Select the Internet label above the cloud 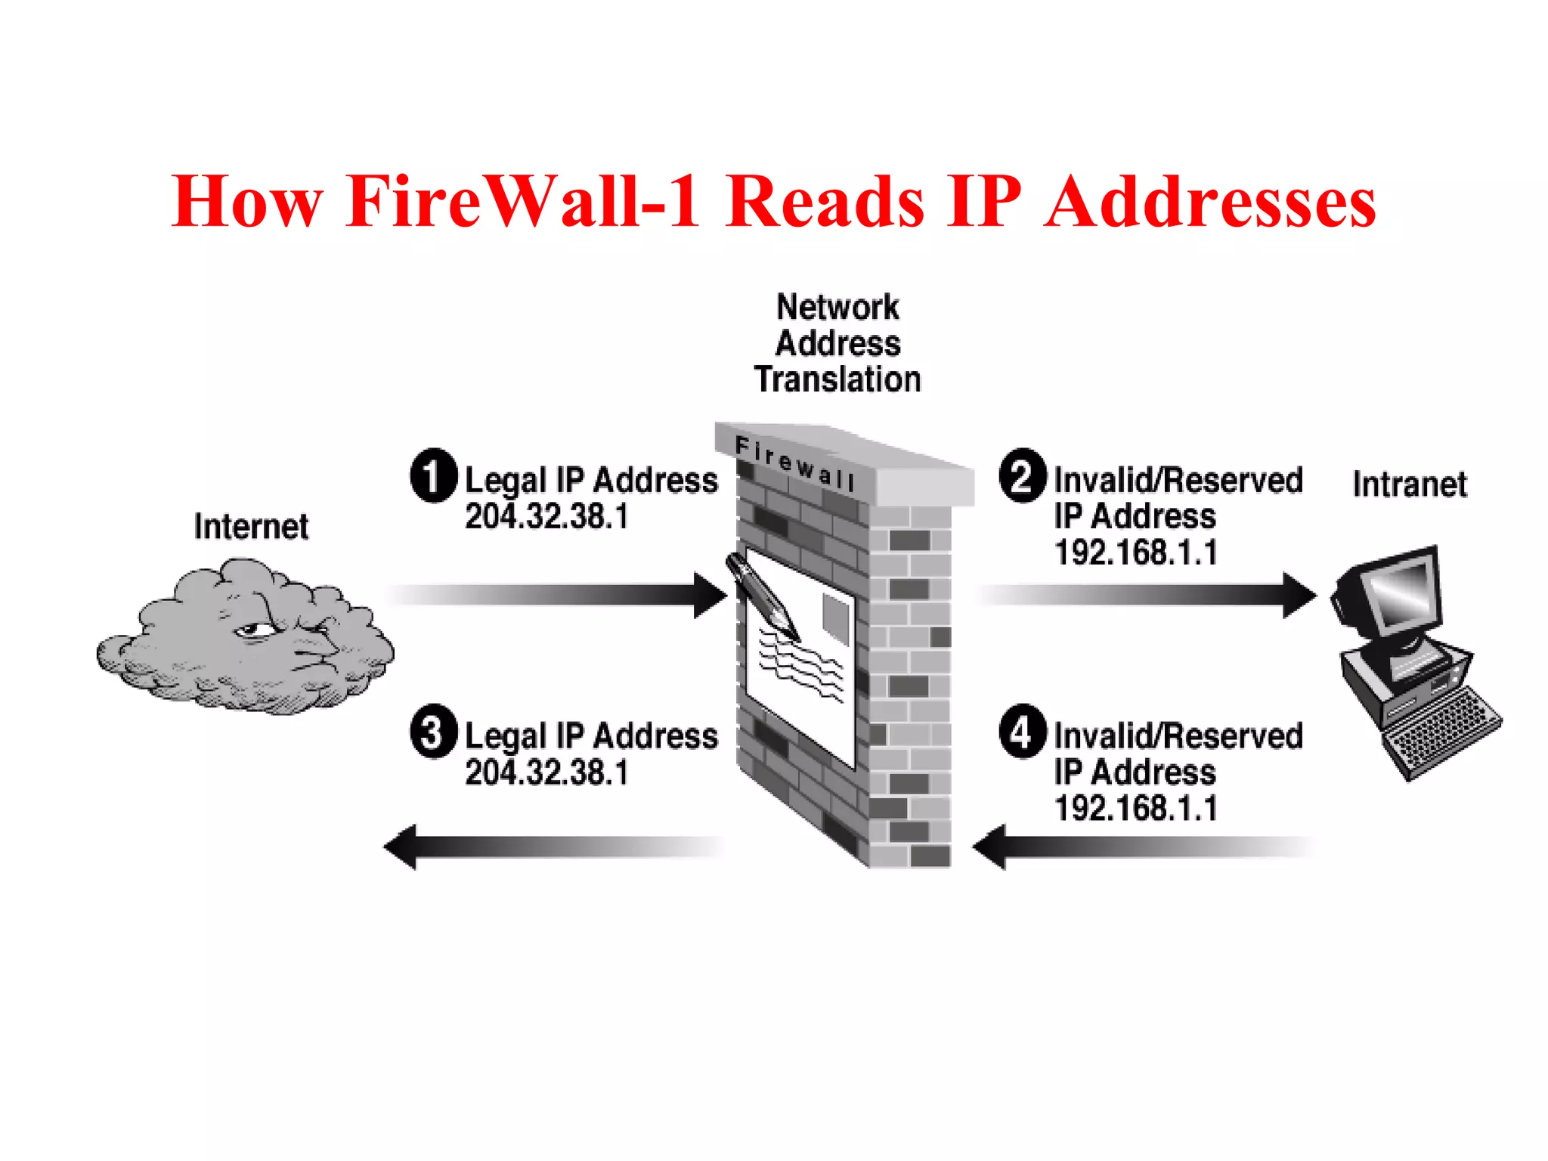pos(251,527)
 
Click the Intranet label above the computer pos(1409,485)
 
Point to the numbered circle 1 pos(433,475)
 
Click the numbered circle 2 pos(1022,475)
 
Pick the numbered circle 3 pos(433,731)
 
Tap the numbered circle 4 pos(1022,731)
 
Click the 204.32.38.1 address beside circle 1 pos(546,517)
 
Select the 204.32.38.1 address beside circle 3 pos(546,772)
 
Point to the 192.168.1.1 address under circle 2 pos(1135,553)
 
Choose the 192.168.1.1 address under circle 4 pos(1135,808)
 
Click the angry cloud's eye pos(253,630)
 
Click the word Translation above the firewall pos(837,379)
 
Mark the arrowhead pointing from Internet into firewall pos(709,596)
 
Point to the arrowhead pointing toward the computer pos(1298,596)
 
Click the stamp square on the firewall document pos(835,618)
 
